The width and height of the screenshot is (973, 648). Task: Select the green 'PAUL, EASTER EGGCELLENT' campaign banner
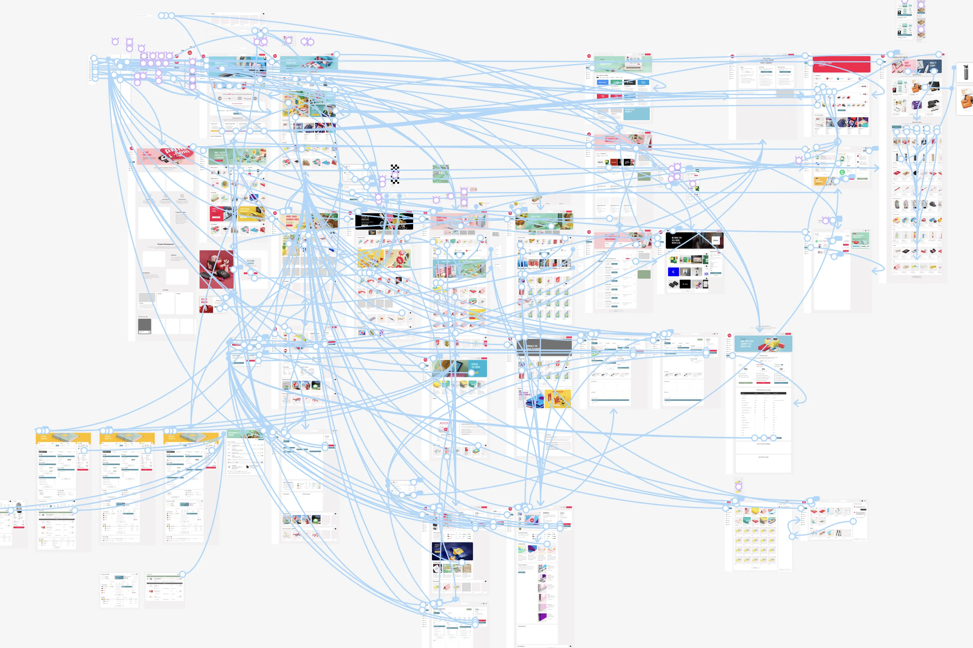(x=237, y=156)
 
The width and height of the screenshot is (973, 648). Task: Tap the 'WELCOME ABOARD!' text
(x=250, y=262)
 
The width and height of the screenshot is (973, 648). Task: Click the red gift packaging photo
(x=216, y=269)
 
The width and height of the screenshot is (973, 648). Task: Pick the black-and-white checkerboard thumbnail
(x=395, y=174)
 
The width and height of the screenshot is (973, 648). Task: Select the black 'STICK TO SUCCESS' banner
(x=383, y=221)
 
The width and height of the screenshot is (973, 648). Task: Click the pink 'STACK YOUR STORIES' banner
(x=459, y=221)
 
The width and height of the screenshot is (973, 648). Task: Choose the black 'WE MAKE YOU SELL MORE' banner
(x=694, y=240)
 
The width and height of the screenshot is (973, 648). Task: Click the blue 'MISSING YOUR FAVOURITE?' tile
(x=636, y=113)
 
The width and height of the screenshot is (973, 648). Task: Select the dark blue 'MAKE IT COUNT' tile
(x=930, y=66)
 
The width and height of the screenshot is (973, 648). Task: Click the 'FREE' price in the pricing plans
(x=745, y=369)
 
